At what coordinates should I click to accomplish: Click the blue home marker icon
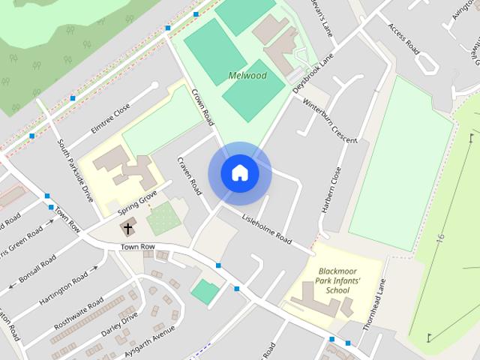239,173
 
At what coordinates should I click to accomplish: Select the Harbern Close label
331,190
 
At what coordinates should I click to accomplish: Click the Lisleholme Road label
265,227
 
